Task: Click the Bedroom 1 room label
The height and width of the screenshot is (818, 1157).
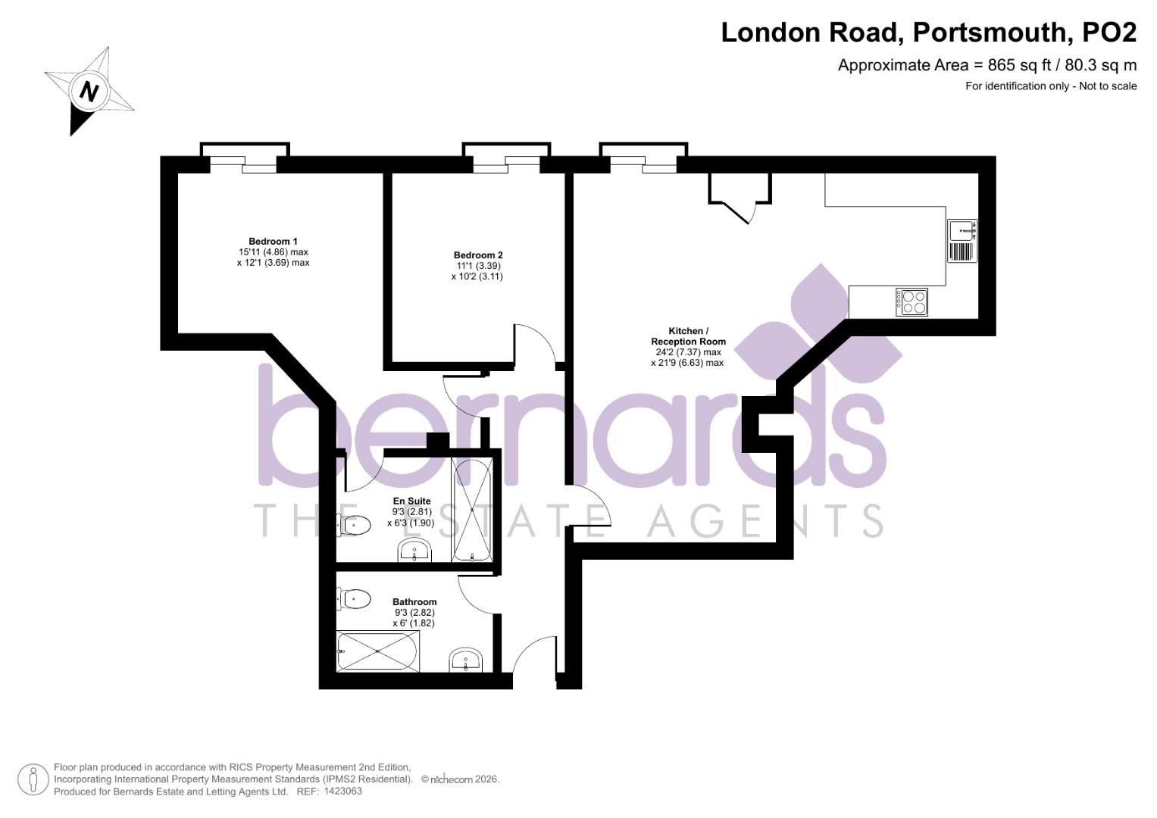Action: [273, 242]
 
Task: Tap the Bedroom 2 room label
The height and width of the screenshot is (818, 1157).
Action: [478, 255]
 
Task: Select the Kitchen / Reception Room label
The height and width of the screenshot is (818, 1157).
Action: [688, 336]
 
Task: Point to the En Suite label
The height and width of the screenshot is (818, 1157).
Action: [411, 501]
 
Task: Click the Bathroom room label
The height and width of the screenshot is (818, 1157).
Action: [414, 602]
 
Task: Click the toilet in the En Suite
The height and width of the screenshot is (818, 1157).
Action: [353, 524]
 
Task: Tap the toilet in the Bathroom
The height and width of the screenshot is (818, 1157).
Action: [354, 599]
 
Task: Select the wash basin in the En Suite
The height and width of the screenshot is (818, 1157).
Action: [414, 551]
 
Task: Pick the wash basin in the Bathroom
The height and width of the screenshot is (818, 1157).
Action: [465, 660]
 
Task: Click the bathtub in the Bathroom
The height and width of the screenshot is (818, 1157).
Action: [377, 651]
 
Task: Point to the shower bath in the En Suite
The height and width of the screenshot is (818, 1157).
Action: [472, 510]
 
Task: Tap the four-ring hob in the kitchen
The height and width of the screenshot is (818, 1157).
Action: [912, 301]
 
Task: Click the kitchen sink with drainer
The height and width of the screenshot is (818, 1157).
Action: [962, 240]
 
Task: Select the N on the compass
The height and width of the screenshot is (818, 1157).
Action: [90, 92]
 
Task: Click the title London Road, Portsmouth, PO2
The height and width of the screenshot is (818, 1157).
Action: [928, 33]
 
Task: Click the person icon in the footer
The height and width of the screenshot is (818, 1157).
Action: [33, 779]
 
